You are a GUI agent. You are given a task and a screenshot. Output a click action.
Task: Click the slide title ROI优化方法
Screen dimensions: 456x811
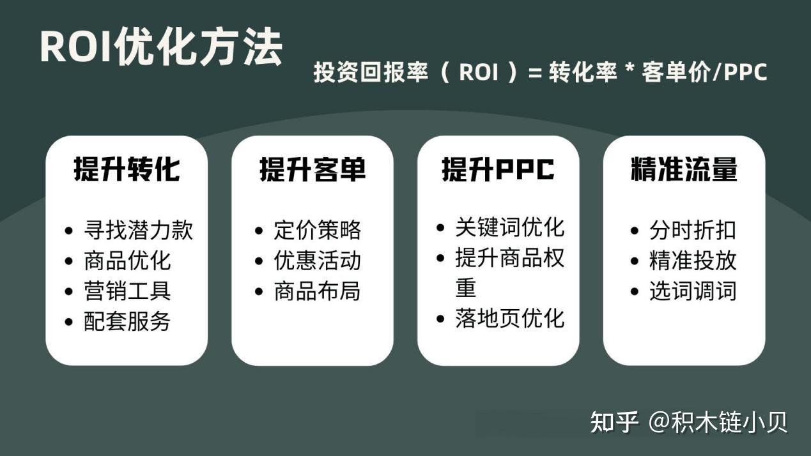(161, 47)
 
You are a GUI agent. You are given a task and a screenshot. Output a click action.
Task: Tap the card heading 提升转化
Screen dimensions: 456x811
(127, 170)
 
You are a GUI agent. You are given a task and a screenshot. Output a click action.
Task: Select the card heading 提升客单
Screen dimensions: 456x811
(313, 170)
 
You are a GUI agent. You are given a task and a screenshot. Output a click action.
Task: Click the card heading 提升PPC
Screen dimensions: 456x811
(498, 170)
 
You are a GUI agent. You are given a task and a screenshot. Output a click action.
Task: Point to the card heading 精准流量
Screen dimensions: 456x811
(684, 170)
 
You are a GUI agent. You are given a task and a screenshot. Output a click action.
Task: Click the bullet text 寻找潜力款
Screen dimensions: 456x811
(138, 230)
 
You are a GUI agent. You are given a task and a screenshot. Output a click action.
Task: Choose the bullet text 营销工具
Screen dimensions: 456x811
(127, 291)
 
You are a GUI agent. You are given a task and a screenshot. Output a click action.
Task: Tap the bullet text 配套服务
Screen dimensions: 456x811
(127, 322)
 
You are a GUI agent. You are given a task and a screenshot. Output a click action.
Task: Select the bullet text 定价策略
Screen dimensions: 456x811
(318, 230)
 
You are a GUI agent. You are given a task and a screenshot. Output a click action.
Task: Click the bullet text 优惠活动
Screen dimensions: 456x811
(318, 261)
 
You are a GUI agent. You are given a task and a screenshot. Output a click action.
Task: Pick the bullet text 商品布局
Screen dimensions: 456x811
(318, 291)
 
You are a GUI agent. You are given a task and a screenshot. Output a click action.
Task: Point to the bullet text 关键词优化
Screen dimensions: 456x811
(510, 227)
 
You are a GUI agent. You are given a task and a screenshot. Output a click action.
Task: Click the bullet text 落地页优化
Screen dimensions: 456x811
(510, 318)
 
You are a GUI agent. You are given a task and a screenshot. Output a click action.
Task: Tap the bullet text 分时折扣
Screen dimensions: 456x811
(693, 230)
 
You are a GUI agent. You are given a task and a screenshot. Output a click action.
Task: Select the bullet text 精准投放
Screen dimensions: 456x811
(693, 261)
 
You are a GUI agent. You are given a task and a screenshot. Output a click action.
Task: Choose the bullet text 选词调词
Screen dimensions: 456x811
(693, 291)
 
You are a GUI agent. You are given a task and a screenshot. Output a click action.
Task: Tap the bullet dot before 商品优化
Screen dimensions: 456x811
(70, 261)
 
